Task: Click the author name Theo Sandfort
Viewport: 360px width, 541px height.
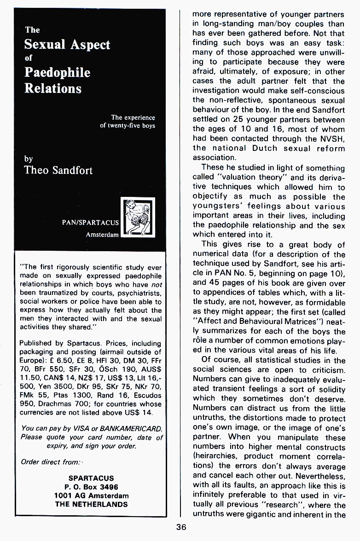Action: [x=58, y=170]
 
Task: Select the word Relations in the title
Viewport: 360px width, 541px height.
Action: [x=53, y=88]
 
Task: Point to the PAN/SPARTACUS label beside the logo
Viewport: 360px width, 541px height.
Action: [x=90, y=223]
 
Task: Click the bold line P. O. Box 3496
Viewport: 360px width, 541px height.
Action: [x=91, y=487]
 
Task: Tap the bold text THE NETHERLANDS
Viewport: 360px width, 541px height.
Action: [x=91, y=504]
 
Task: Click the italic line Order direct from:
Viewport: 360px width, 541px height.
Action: [x=51, y=462]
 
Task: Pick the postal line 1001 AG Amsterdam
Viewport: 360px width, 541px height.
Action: [x=91, y=495]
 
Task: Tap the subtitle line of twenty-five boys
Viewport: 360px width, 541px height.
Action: [x=128, y=126]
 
